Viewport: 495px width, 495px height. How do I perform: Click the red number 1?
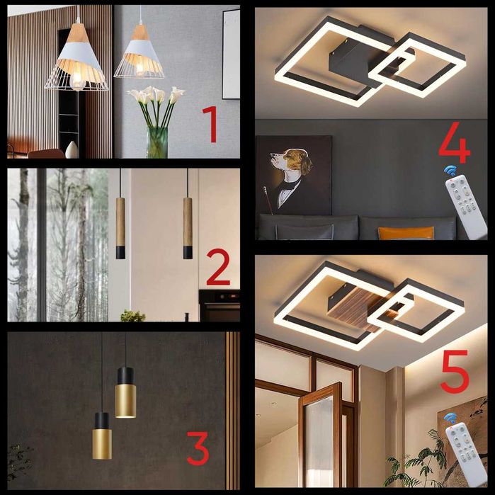[x=211, y=124]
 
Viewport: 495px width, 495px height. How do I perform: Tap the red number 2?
[x=218, y=267]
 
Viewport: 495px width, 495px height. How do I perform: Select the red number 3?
[x=198, y=448]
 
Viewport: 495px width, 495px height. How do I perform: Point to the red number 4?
[x=455, y=142]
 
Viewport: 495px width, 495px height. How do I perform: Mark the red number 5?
[x=455, y=372]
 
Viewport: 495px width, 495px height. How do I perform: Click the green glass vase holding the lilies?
[x=157, y=142]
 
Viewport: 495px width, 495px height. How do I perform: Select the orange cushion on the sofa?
[x=406, y=233]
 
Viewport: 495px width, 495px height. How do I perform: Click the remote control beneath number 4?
[x=466, y=207]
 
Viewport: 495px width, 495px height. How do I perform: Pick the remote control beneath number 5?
[x=466, y=455]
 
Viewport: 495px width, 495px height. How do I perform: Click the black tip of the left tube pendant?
[x=120, y=253]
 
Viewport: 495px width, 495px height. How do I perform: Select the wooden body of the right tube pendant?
[x=188, y=222]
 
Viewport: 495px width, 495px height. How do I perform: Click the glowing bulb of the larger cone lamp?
[x=77, y=81]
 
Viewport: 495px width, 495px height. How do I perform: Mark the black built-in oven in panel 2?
[x=220, y=306]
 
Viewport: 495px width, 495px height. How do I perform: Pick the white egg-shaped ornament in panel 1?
[x=72, y=149]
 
